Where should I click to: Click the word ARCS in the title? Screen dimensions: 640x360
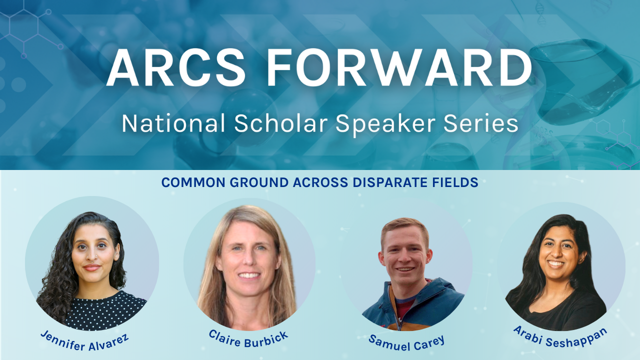[x=176, y=67]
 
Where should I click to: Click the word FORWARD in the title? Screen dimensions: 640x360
[x=399, y=67]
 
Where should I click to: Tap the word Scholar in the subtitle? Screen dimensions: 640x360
[x=280, y=123]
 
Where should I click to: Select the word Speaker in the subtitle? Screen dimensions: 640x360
[x=385, y=124]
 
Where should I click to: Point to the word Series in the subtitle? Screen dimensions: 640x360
[x=481, y=123]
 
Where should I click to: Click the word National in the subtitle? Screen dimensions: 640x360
[x=173, y=123]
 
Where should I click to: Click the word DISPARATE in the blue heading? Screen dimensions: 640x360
[x=390, y=182]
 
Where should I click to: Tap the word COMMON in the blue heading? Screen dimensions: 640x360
[x=193, y=182]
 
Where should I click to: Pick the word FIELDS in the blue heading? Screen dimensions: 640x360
[x=455, y=182]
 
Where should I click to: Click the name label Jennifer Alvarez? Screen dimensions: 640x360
[x=84, y=341]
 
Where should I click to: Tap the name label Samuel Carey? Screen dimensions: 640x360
[x=406, y=343]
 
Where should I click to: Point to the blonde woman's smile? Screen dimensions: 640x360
[x=249, y=275]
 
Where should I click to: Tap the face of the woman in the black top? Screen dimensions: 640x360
[x=556, y=252]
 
